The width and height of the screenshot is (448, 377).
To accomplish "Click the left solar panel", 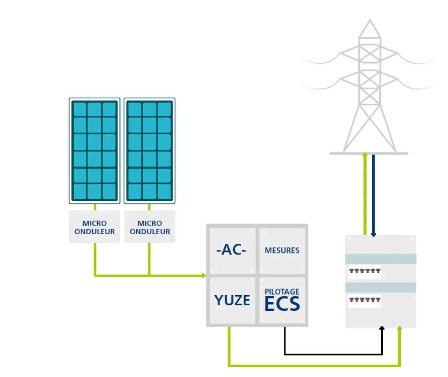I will [94, 151].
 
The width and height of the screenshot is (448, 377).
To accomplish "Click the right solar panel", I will [150, 151].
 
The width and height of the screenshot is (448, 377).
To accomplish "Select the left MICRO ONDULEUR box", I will [94, 227].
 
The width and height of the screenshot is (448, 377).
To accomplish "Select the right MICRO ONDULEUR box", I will [150, 227].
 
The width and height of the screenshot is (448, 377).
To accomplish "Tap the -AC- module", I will [231, 250].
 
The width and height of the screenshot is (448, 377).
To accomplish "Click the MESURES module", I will [282, 250].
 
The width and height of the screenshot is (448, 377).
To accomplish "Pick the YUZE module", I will [232, 300].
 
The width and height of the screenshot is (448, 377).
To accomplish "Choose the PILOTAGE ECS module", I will [282, 300].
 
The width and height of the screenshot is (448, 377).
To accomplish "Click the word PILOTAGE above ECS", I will [282, 292].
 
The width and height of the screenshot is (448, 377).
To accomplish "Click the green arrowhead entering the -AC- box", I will [203, 275].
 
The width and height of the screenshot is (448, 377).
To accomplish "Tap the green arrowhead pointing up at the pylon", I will [365, 155].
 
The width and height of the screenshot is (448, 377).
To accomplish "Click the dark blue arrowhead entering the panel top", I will [373, 234].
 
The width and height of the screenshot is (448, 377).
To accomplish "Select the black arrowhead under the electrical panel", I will [382, 328].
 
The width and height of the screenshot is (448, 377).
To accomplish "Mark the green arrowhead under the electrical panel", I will [399, 328].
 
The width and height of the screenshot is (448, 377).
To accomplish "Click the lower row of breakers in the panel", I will [364, 301].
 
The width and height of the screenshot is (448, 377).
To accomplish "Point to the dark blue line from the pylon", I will [373, 193].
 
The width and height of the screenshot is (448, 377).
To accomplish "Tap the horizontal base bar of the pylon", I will [368, 153].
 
